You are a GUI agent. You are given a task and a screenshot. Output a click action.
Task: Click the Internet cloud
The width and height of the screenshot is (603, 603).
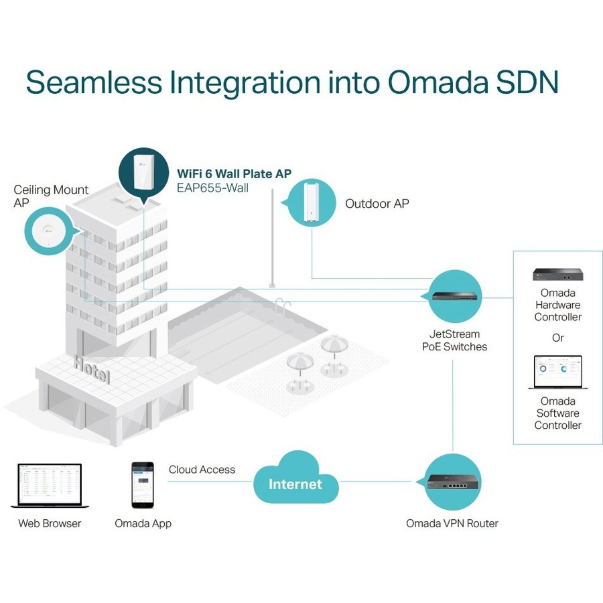click(295, 481)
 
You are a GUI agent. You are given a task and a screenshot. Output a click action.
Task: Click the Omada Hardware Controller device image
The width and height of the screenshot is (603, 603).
click(557, 273)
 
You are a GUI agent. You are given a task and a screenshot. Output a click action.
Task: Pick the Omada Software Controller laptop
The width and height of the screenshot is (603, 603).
click(557, 373)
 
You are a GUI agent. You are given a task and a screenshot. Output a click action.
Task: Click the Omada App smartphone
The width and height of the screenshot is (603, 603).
click(143, 484)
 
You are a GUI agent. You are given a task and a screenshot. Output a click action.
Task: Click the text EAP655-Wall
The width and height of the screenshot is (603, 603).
click(212, 188)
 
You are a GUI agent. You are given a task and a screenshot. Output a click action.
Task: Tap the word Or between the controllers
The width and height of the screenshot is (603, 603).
click(557, 338)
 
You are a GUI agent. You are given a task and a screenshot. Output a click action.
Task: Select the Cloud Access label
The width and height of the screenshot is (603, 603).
click(202, 470)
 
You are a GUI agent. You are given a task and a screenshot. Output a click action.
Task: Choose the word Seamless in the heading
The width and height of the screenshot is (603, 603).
click(94, 82)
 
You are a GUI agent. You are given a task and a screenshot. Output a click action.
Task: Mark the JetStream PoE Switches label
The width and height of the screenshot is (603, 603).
click(454, 340)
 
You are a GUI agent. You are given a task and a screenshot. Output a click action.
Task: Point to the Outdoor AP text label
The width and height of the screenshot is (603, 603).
click(377, 204)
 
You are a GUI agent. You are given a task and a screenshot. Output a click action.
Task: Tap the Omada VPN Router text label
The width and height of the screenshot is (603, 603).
click(452, 523)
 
